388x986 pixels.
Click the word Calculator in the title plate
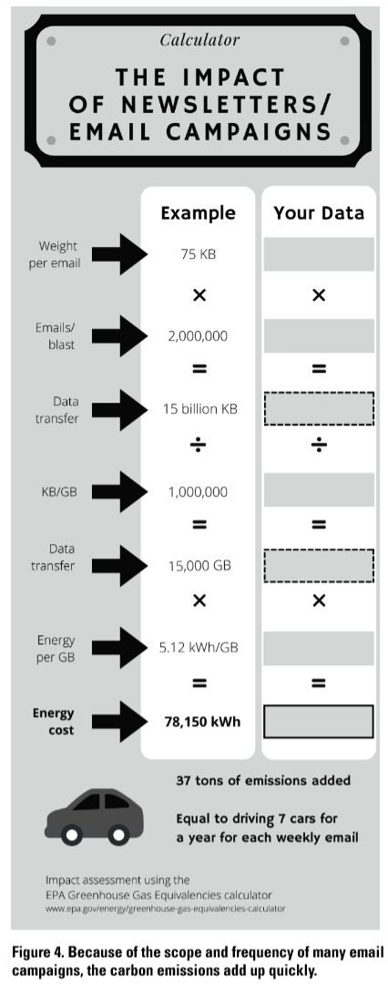pyautogui.click(x=199, y=40)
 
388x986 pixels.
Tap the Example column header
pyautogui.click(x=198, y=213)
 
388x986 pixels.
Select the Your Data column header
pyautogui.click(x=319, y=213)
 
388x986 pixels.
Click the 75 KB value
pyautogui.click(x=199, y=254)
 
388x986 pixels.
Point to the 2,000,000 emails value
pyautogui.click(x=198, y=335)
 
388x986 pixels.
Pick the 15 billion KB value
pyautogui.click(x=199, y=409)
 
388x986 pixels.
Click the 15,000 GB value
pyautogui.click(x=199, y=565)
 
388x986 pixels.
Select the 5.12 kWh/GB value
pyautogui.click(x=199, y=647)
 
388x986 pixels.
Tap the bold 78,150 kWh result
pyautogui.click(x=202, y=721)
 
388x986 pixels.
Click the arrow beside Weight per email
pyautogui.click(x=119, y=254)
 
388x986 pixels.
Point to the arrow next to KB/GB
pyautogui.click(x=119, y=492)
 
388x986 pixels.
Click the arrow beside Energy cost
pyautogui.click(x=119, y=721)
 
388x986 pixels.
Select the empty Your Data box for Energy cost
pyautogui.click(x=319, y=705)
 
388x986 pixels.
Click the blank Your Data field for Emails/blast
pyautogui.click(x=319, y=335)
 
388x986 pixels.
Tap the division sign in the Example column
pyautogui.click(x=199, y=446)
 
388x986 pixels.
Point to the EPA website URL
pyautogui.click(x=166, y=908)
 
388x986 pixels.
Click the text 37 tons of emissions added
pyautogui.click(x=263, y=781)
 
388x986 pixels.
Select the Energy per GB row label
pyautogui.click(x=56, y=647)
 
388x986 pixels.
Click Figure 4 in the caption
pyautogui.click(x=36, y=952)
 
